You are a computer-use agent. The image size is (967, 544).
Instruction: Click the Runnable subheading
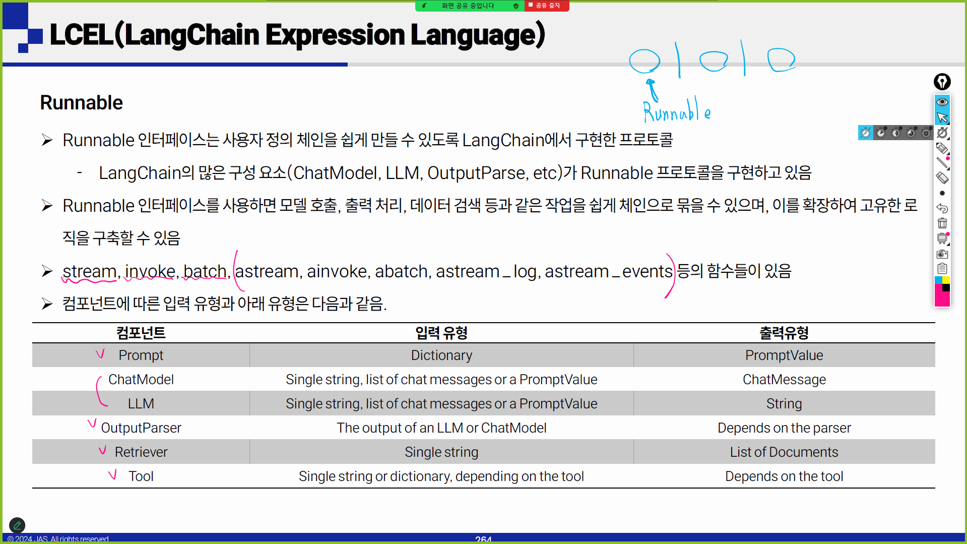pyautogui.click(x=81, y=103)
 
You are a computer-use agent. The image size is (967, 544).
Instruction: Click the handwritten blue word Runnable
pyautogui.click(x=677, y=110)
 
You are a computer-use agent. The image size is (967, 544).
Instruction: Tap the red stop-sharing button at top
pyautogui.click(x=547, y=6)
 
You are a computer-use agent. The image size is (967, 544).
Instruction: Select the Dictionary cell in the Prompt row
pyautogui.click(x=441, y=355)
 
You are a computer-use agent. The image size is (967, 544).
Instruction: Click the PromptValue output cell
pyautogui.click(x=784, y=355)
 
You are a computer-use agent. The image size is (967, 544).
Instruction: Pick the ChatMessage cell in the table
pyautogui.click(x=784, y=380)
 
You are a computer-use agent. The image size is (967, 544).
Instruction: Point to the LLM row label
pyautogui.click(x=141, y=404)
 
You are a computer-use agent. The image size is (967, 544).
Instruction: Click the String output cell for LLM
pyautogui.click(x=784, y=404)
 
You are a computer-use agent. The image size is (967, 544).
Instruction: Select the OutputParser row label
pyautogui.click(x=141, y=428)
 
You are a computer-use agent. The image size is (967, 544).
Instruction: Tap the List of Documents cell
pyautogui.click(x=784, y=452)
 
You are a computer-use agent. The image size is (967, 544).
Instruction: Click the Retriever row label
pyautogui.click(x=141, y=452)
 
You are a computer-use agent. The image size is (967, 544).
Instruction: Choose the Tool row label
pyautogui.click(x=141, y=476)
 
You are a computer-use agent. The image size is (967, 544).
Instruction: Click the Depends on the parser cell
pyautogui.click(x=784, y=428)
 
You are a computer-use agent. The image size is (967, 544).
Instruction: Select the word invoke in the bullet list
pyautogui.click(x=150, y=271)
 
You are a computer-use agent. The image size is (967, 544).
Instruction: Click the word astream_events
pyautogui.click(x=609, y=271)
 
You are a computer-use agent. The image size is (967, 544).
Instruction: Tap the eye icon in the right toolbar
pyautogui.click(x=942, y=102)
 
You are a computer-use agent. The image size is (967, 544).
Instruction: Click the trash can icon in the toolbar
pyautogui.click(x=942, y=223)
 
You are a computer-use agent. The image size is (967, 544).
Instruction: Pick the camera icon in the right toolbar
pyautogui.click(x=942, y=254)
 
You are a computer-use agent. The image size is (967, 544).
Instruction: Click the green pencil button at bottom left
pyautogui.click(x=17, y=525)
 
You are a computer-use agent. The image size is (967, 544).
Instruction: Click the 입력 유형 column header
pyautogui.click(x=441, y=333)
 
